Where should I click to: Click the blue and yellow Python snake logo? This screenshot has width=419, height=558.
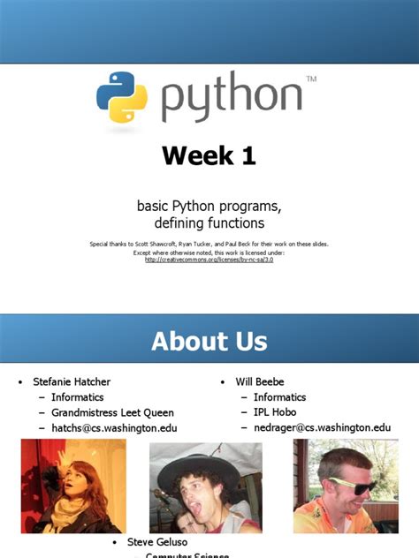tap(121, 96)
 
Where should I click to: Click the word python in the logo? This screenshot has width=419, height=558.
tap(232, 99)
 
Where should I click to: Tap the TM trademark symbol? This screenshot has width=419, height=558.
tap(310, 79)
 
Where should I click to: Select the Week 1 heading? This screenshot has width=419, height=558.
tap(209, 156)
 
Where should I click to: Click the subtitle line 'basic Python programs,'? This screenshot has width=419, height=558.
tap(209, 206)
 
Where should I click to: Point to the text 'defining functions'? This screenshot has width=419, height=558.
tap(209, 223)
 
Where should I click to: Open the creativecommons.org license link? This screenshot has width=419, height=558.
tap(209, 260)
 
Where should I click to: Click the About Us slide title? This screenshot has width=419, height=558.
tap(209, 341)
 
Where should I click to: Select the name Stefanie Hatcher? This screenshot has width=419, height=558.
tap(73, 382)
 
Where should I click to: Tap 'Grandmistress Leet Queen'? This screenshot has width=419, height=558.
tap(112, 412)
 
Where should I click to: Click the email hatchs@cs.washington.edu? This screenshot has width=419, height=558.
tap(114, 428)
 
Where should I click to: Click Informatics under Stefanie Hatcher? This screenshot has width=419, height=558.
tap(78, 397)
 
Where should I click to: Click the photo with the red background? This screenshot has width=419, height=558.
tap(72, 486)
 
